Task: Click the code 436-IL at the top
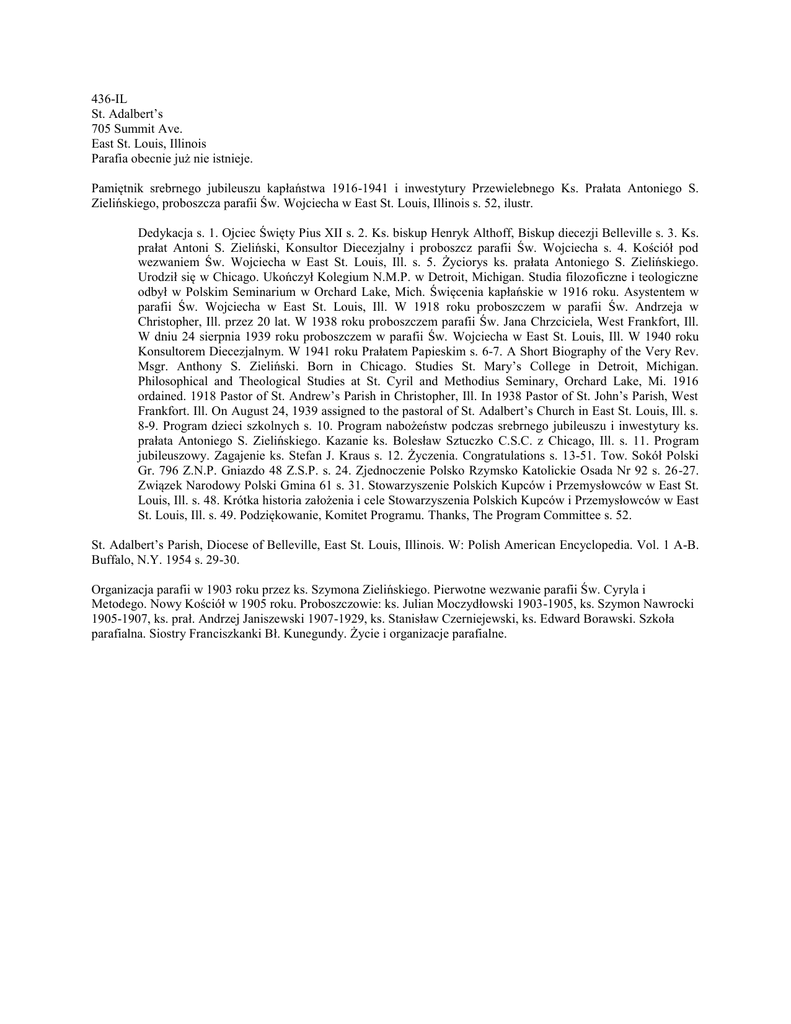click(x=109, y=99)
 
